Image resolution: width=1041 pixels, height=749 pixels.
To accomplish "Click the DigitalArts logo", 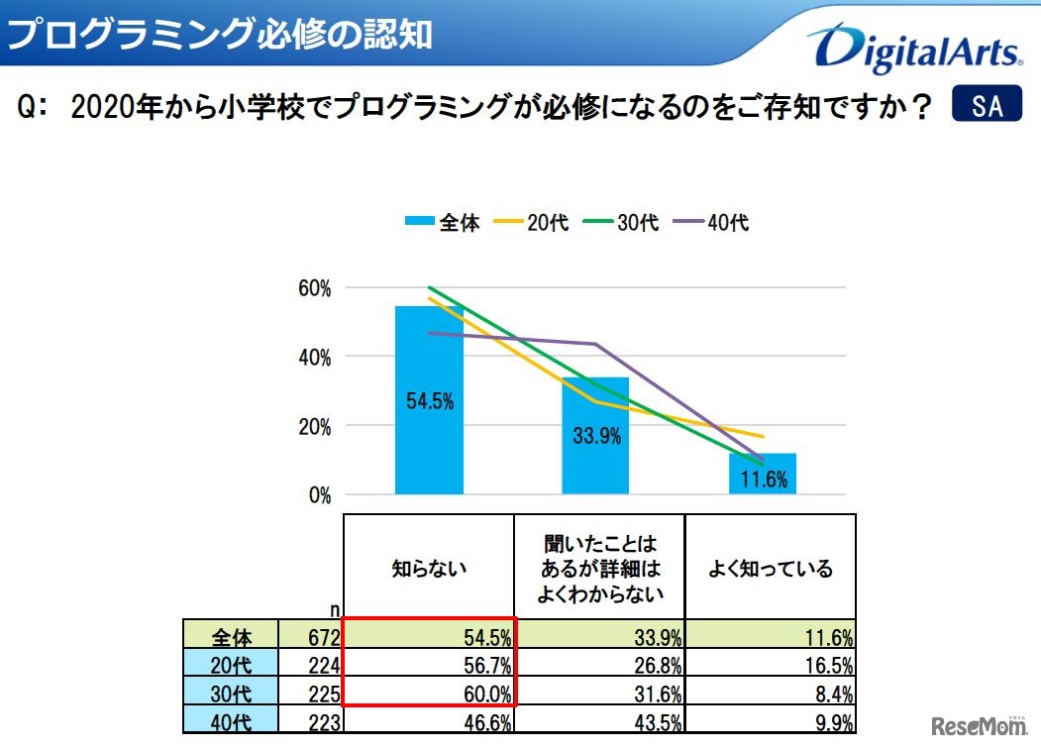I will pyautogui.click(x=913, y=49).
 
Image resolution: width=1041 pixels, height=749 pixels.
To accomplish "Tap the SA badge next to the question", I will pyautogui.click(x=986, y=106).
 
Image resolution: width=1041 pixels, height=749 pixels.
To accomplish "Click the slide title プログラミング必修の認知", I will pyautogui.click(x=220, y=34).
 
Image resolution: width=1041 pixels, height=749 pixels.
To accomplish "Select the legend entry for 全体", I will pyautogui.click(x=443, y=223).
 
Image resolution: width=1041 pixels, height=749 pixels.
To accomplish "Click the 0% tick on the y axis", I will pyautogui.click(x=319, y=495).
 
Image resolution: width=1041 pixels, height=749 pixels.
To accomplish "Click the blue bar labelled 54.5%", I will pyautogui.click(x=429, y=400).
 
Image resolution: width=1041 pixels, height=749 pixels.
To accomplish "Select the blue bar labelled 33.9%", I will pyautogui.click(x=595, y=436).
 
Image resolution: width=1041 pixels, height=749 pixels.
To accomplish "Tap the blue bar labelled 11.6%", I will pyautogui.click(x=763, y=474).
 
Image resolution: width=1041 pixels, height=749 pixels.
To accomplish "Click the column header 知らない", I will pyautogui.click(x=429, y=569).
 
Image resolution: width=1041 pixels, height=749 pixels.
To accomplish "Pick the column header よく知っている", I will pyautogui.click(x=770, y=569).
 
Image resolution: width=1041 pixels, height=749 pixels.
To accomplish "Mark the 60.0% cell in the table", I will pyautogui.click(x=429, y=694).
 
